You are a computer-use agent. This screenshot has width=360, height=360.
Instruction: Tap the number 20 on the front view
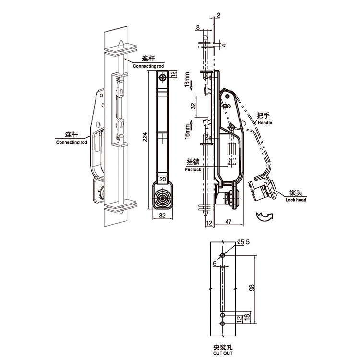[x=163, y=179]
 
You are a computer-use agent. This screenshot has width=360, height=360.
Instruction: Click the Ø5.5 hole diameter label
[x=244, y=242]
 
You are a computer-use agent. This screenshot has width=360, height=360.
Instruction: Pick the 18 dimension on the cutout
[x=247, y=318]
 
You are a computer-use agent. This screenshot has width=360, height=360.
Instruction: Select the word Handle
[x=264, y=123]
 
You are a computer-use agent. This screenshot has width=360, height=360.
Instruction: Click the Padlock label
[x=193, y=170]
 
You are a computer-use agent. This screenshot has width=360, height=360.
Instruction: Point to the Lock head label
[x=295, y=199]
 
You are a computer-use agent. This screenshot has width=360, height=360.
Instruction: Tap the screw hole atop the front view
[x=163, y=77]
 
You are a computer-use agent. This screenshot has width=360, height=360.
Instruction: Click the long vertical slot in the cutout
[x=223, y=288]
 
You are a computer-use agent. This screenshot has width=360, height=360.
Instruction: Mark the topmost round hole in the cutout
[x=223, y=255]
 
